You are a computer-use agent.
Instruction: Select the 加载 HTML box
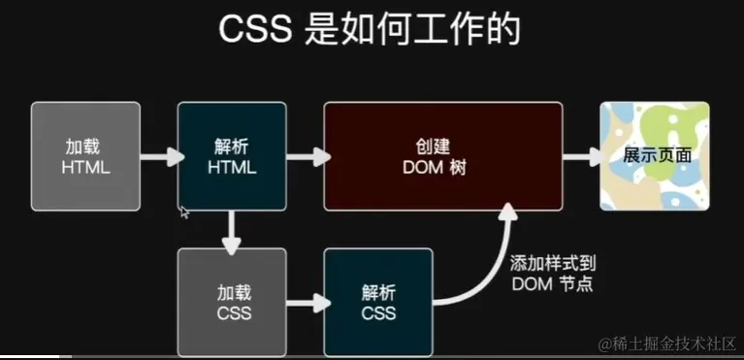[x=85, y=156]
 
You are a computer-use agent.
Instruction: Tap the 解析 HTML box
[x=231, y=156]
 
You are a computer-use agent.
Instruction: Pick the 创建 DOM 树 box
[x=442, y=156]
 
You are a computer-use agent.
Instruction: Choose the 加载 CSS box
[x=231, y=302]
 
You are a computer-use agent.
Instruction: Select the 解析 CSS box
[x=377, y=302]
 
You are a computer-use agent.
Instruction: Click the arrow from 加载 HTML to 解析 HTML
[x=159, y=156]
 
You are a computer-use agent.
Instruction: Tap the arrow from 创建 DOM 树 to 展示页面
[x=581, y=156]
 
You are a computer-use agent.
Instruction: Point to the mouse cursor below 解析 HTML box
[x=183, y=211]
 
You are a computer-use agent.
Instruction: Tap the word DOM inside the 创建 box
[x=422, y=167]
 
